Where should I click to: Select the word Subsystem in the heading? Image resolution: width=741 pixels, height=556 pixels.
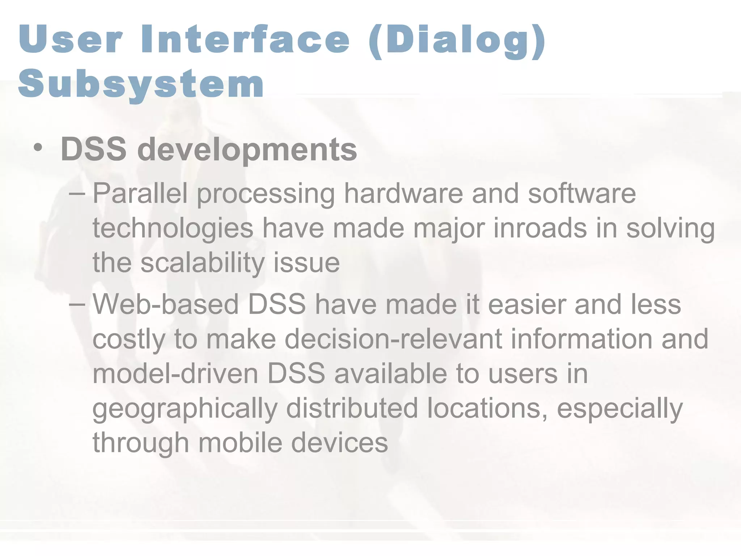click(141, 84)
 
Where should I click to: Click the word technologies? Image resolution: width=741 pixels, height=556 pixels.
click(173, 229)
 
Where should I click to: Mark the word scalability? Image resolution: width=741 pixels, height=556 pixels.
click(203, 263)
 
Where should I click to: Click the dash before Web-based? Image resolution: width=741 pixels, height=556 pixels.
click(77, 304)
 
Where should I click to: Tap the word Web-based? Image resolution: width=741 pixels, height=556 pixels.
click(166, 304)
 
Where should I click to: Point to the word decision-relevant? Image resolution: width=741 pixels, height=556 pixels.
click(393, 339)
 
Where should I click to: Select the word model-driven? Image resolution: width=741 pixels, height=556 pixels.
click(175, 374)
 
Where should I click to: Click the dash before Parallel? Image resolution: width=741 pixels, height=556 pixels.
click(77, 193)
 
